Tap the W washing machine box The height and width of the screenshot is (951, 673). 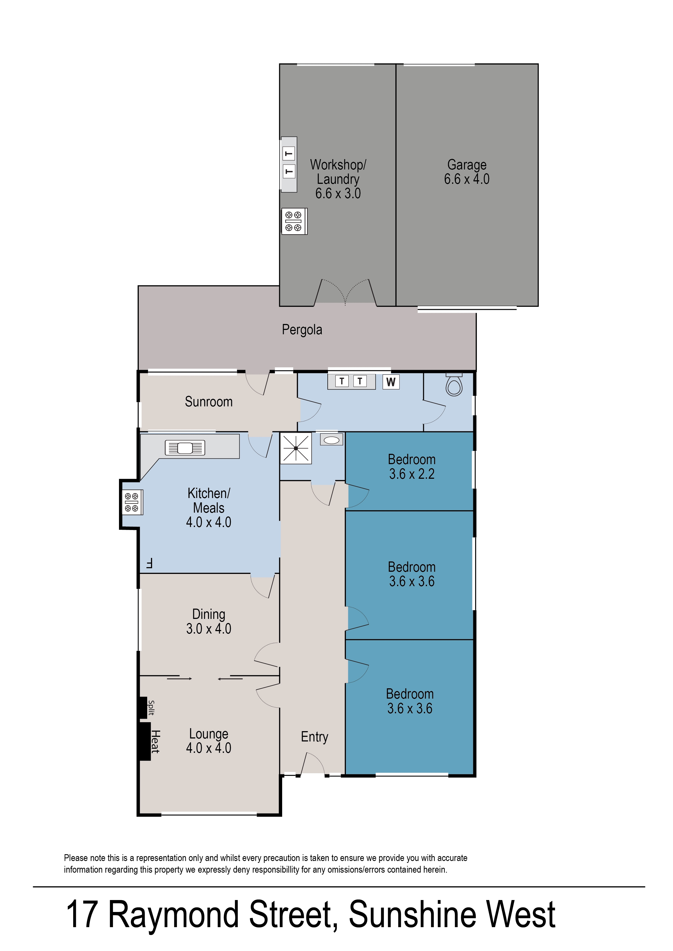point(391,382)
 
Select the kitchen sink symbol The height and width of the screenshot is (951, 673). point(185,448)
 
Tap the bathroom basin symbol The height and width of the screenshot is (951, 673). point(331,440)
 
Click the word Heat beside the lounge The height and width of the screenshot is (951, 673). point(155,741)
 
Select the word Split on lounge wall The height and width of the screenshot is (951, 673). point(151,708)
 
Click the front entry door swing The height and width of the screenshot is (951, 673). point(313,763)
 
